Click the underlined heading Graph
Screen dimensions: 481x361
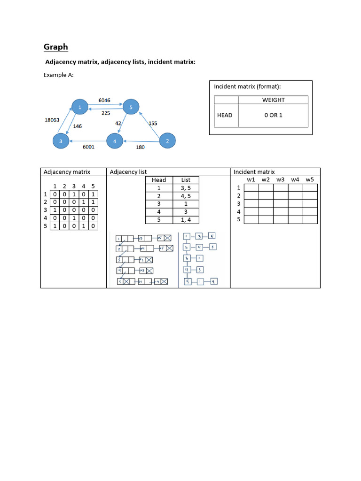(55, 47)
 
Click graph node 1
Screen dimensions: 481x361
(80, 108)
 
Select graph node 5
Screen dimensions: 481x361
(131, 108)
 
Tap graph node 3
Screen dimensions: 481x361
(61, 140)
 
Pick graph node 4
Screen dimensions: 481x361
(115, 140)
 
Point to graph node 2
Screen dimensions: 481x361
(168, 140)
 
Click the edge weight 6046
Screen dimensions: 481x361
(105, 100)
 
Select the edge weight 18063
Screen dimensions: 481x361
(52, 120)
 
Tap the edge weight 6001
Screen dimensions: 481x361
(88, 147)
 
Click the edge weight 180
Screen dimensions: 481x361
(140, 147)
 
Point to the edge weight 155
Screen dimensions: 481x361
(153, 123)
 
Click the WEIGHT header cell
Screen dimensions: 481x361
(273, 100)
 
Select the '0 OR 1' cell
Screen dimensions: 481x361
(273, 115)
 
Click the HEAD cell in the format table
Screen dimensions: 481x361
(225, 115)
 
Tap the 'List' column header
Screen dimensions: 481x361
(186, 180)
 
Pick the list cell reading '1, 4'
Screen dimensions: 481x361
(186, 220)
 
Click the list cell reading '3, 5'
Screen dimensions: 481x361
(186, 188)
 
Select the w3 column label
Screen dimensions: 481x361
(281, 179)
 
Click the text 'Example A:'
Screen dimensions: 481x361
(59, 75)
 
